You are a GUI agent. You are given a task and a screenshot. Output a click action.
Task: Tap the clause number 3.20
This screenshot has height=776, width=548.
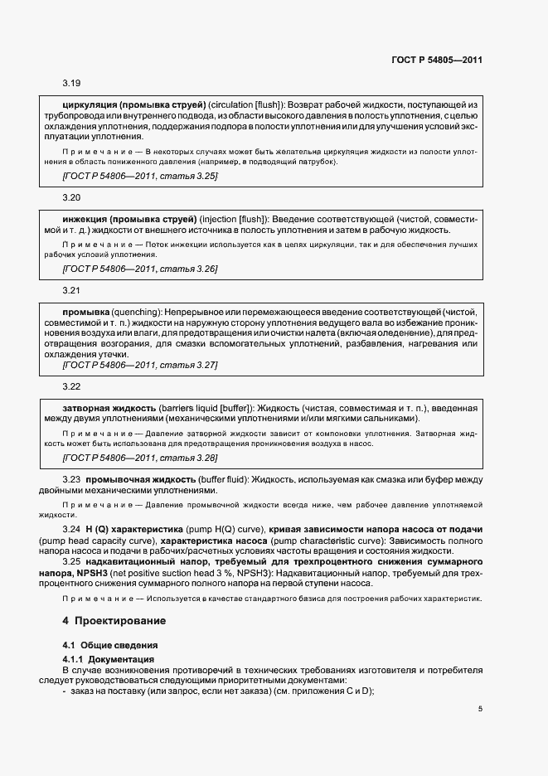tap(70, 198)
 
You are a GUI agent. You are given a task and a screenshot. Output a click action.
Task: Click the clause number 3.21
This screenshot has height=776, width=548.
tap(70, 291)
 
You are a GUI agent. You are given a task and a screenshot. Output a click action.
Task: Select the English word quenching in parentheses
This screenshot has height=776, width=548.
tap(124, 311)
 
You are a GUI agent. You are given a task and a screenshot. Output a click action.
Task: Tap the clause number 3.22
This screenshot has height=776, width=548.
tap(70, 386)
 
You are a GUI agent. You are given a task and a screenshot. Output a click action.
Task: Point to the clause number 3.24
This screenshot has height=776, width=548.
tap(70, 529)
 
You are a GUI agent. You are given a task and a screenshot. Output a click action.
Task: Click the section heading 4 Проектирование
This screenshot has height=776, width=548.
tap(114, 620)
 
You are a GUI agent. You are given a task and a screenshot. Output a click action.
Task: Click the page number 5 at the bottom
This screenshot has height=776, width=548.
tap(480, 708)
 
